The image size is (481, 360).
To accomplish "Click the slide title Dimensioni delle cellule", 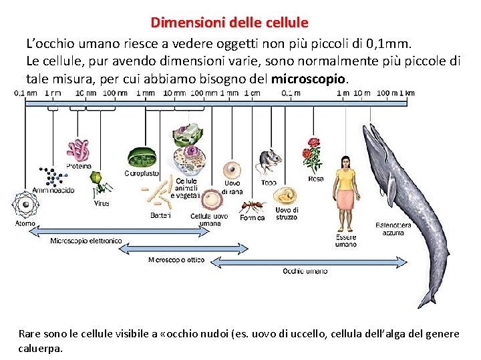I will [x=229, y=23].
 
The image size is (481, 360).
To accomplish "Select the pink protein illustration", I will [x=78, y=150].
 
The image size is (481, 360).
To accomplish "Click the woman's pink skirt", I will [x=345, y=200].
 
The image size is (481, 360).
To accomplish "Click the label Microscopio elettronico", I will [x=86, y=241].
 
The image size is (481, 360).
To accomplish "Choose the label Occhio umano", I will [x=305, y=271].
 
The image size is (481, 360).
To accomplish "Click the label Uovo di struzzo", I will [x=287, y=213].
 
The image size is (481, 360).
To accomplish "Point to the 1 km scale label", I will [x=407, y=93].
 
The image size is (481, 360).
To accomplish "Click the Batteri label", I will [x=160, y=215].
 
